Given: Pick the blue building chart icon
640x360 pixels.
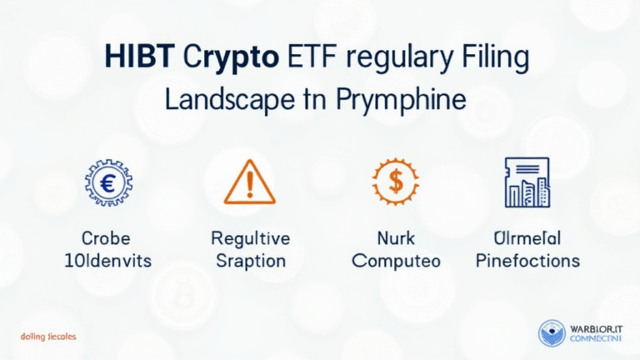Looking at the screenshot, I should point(527,181).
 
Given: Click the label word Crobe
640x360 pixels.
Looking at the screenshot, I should point(107,239).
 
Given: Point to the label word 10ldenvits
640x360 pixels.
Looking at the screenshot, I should point(107,261).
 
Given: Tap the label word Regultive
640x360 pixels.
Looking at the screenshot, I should point(250,239).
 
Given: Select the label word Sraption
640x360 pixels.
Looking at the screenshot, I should point(250,261).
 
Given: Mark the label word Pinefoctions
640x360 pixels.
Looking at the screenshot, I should point(528,261).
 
